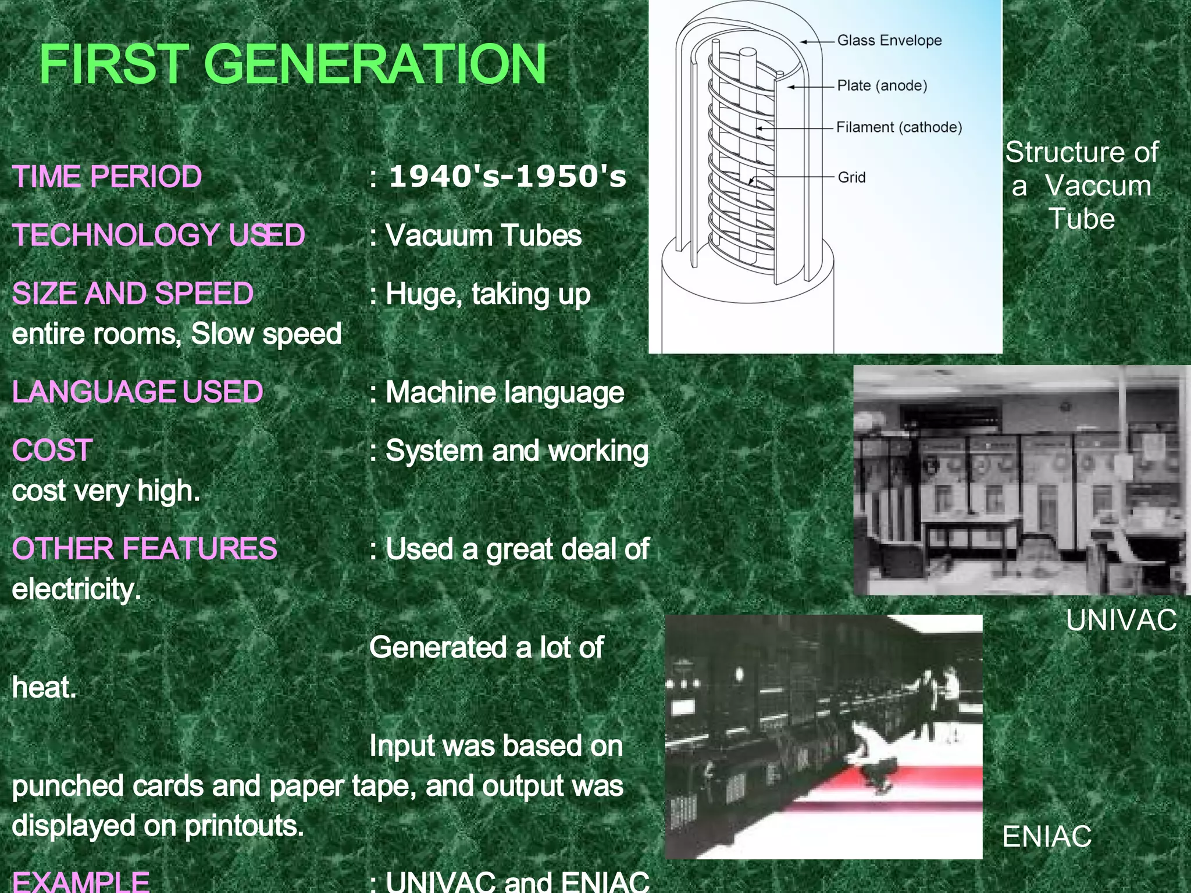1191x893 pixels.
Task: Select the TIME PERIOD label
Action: (107, 177)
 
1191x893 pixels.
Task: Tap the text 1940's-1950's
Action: (508, 177)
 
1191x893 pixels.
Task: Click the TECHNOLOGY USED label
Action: (159, 235)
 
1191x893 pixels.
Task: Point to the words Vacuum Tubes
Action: (483, 236)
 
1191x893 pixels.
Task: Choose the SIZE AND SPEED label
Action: (133, 294)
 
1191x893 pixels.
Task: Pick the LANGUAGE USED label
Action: (137, 392)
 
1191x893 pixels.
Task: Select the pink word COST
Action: (52, 451)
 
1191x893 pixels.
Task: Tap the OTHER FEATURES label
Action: (144, 549)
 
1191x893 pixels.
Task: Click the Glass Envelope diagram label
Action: (889, 41)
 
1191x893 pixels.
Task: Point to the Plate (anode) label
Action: (882, 86)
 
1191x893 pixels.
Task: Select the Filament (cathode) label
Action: (898, 127)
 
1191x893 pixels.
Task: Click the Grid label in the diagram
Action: (851, 177)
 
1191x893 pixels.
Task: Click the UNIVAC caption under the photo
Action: (1121, 620)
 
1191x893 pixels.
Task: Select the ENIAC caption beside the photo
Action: (1047, 837)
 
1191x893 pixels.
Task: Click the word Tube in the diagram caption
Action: (1082, 219)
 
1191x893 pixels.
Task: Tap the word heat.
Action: (44, 688)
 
